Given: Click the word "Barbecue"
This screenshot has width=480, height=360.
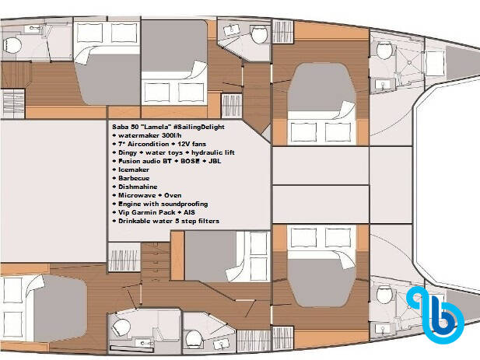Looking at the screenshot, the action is click(134, 178).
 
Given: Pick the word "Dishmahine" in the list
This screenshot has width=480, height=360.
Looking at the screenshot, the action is click(138, 187).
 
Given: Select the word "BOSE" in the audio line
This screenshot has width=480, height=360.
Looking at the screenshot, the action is click(190, 161).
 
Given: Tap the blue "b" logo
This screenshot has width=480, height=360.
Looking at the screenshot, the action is click(435, 315).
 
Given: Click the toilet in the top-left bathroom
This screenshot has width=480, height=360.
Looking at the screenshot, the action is click(12, 45).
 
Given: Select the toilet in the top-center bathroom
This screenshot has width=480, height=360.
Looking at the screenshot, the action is click(260, 34).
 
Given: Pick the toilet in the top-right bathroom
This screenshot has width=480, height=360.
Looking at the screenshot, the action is click(384, 51).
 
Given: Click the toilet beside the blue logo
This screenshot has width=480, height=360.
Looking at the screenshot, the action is click(384, 294).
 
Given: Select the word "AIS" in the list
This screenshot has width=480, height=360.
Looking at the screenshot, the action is click(188, 212).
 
